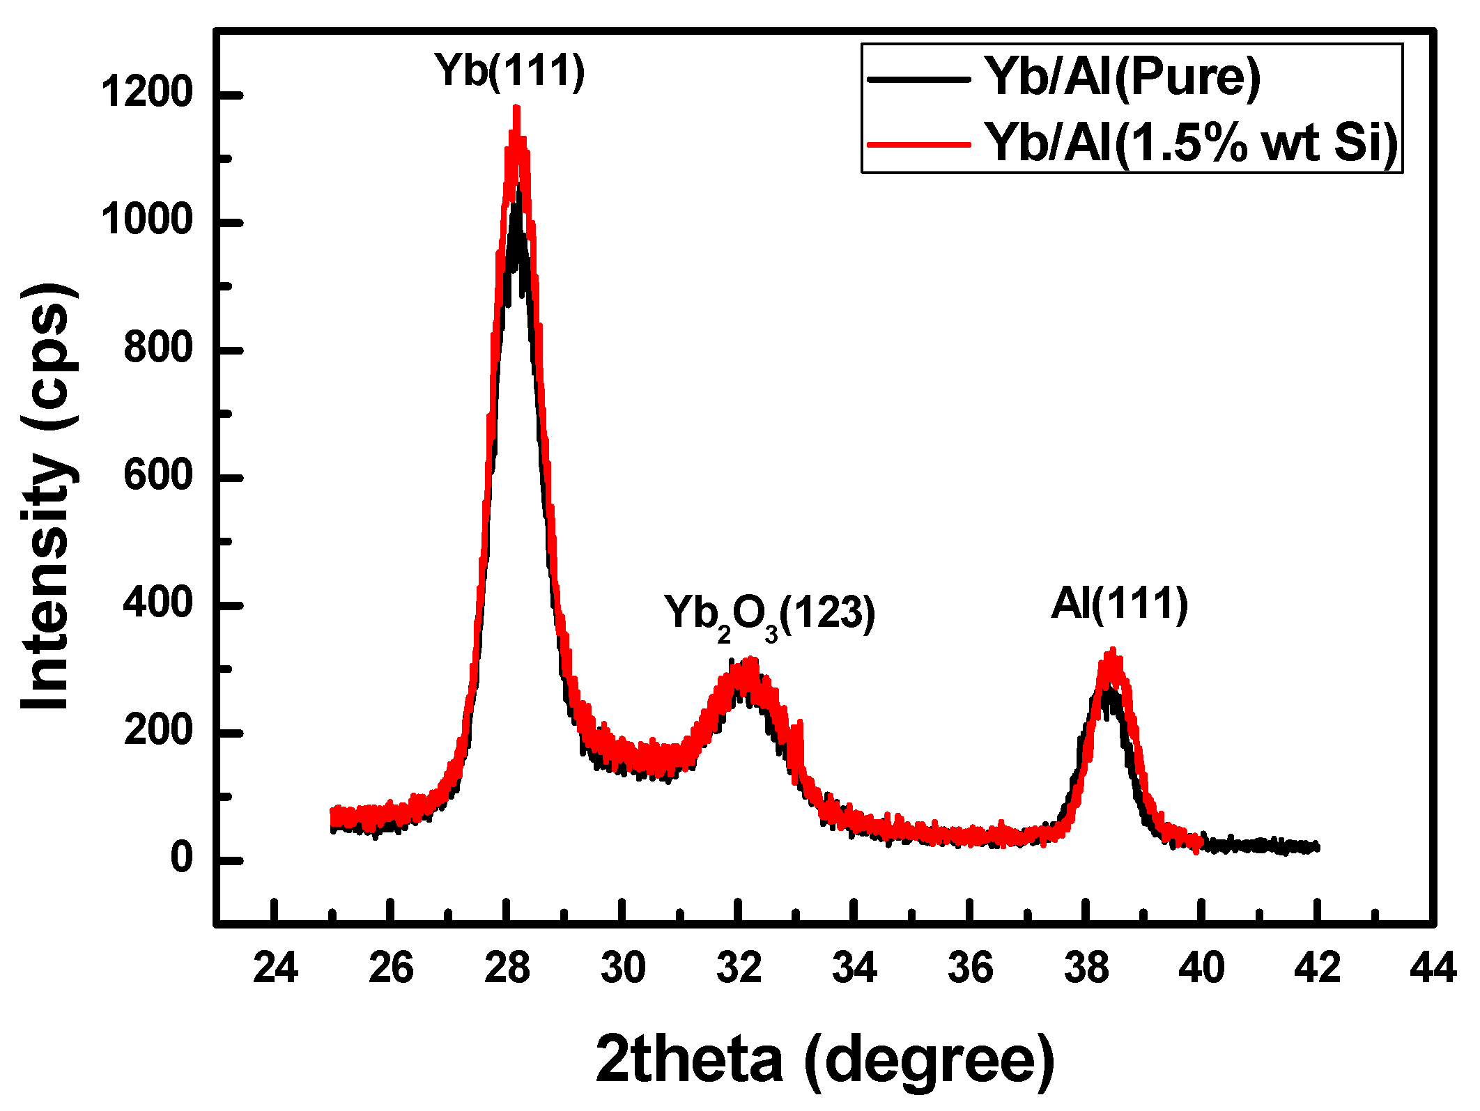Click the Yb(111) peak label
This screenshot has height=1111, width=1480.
510,71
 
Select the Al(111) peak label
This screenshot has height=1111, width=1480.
1119,603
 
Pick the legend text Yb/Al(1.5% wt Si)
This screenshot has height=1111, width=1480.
1190,142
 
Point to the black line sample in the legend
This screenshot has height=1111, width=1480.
918,79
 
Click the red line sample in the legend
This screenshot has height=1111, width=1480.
918,145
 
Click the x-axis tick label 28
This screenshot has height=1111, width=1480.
507,968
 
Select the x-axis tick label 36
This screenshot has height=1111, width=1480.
970,968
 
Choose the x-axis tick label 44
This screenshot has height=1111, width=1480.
1433,968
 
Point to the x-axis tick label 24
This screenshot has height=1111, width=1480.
275,968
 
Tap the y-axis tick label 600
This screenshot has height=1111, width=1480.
157,476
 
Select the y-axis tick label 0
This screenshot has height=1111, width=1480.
181,858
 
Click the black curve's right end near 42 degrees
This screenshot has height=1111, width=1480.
1316,847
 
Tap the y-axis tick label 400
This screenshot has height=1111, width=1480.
157,603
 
